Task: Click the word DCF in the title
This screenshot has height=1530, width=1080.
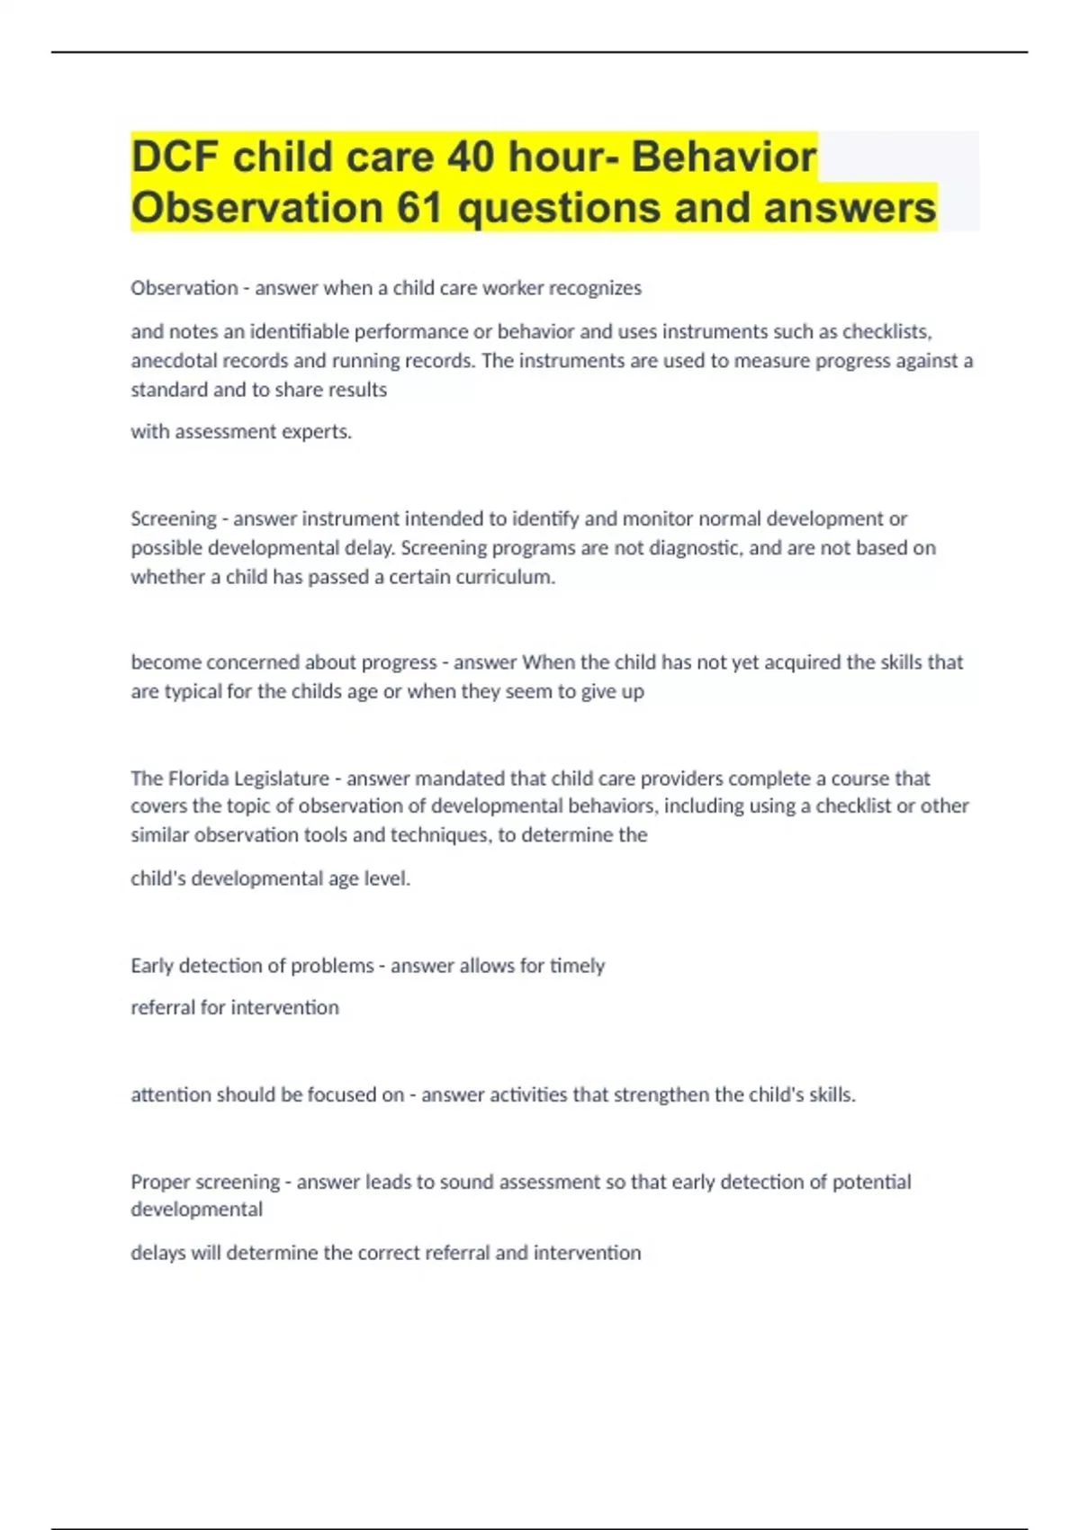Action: point(175,157)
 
